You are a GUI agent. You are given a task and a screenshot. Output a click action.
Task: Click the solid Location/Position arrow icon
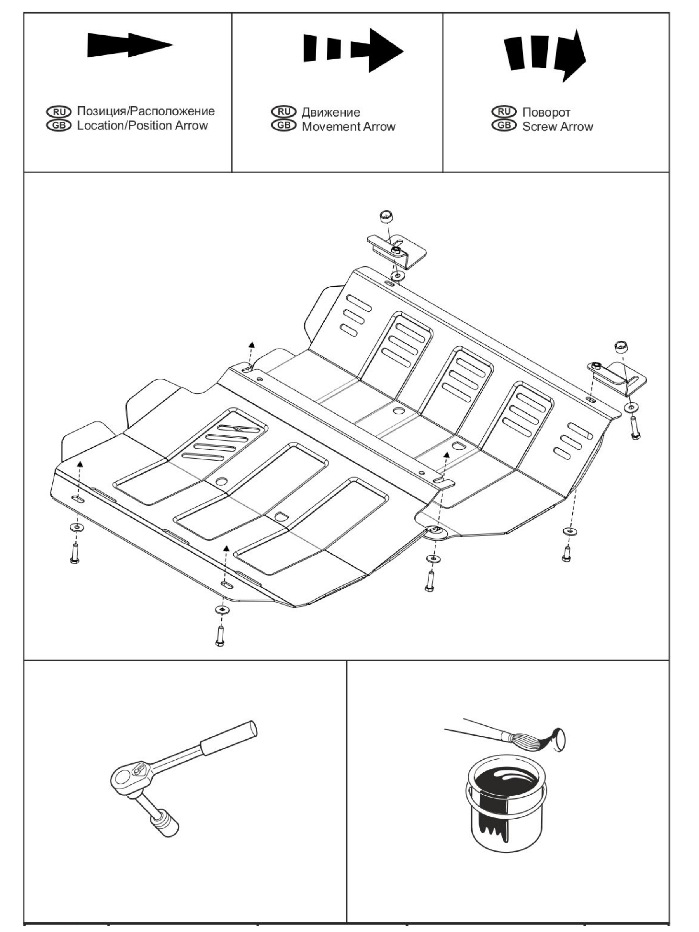pos(129,45)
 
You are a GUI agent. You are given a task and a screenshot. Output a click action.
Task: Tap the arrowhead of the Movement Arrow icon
pos(384,50)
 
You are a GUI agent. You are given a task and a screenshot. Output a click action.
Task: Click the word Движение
pos(331,112)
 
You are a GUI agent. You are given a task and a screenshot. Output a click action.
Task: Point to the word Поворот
pos(546,112)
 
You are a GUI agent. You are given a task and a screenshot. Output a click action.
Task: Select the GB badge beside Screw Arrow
pos(504,125)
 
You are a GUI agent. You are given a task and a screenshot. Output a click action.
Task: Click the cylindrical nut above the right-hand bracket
pos(621,347)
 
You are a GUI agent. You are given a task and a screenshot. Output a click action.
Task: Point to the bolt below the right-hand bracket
pos(635,428)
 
